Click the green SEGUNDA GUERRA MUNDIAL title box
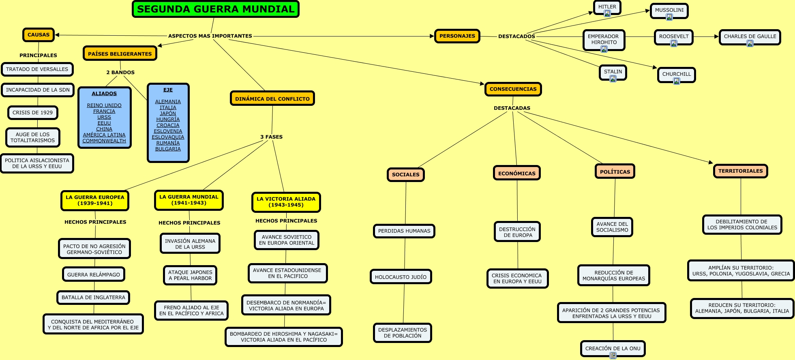pos(215,9)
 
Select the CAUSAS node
pos(39,35)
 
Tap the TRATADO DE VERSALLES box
pos(37,69)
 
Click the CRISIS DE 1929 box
pos(32,113)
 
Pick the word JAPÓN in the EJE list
pos(168,114)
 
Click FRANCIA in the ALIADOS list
pos(104,111)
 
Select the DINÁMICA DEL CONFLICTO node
pos(272,99)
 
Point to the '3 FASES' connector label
pos(271,137)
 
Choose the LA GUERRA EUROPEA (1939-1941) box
pos(95,200)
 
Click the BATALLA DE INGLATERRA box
pos(93,298)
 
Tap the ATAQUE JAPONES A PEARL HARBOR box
pos(190,275)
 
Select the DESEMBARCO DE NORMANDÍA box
pos(286,305)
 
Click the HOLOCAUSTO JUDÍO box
pos(401,277)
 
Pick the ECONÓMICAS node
pos(516,173)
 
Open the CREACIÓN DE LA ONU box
pos(613,348)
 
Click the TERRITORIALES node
pos(740,171)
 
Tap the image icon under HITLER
pos(607,14)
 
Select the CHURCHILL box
pos(676,74)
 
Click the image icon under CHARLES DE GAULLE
pos(750,43)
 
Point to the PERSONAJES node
pos(457,36)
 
